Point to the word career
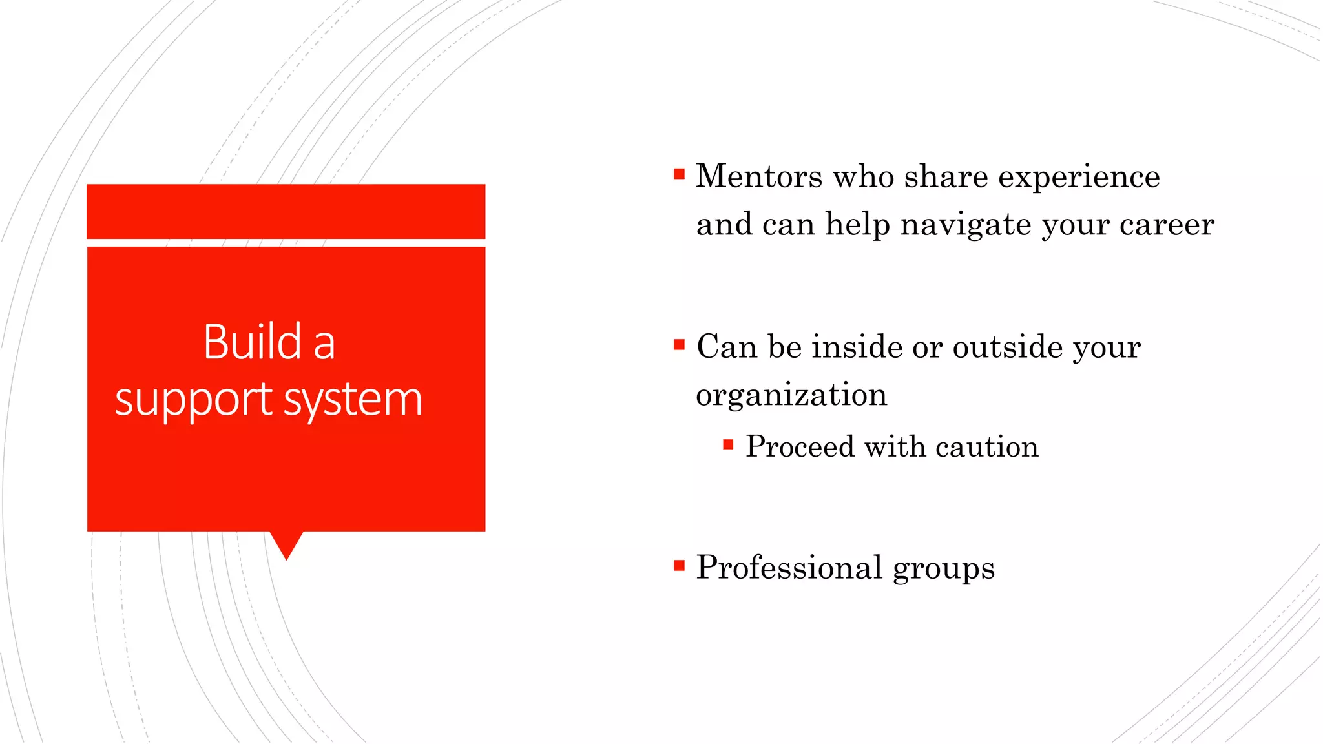coord(1167,225)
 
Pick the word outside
coord(1007,347)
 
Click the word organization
coord(791,395)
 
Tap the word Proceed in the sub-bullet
coord(800,447)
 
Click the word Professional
coord(789,568)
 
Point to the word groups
coord(943,569)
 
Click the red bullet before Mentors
coord(678,174)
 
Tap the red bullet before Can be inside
coord(678,345)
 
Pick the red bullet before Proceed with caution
coord(728,444)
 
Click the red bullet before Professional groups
coord(678,566)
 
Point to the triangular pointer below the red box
coord(286,544)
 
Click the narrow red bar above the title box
coord(286,211)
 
